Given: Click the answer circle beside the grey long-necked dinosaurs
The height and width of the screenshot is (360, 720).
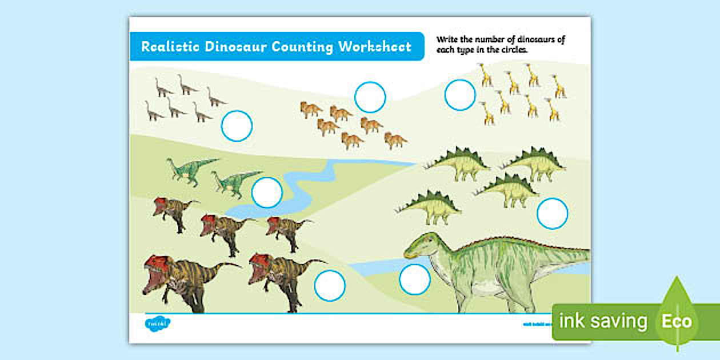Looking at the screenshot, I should coord(237,126).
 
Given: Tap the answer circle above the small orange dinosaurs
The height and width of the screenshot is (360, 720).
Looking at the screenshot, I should coord(370,97).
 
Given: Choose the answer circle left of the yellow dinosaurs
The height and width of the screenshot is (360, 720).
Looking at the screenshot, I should coord(460,95).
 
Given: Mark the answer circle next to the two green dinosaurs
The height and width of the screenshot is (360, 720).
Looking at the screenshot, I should coord(267,193).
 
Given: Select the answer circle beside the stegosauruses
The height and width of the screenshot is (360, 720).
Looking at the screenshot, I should coord(553,213).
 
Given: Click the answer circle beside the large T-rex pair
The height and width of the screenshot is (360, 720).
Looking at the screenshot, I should coord(330,285).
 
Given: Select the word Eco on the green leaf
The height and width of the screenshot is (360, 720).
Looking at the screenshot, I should coord(677,321).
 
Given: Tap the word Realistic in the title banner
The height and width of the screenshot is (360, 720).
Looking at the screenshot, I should coord(170,47).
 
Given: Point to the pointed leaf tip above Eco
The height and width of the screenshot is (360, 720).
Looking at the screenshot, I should coord(678,279).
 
